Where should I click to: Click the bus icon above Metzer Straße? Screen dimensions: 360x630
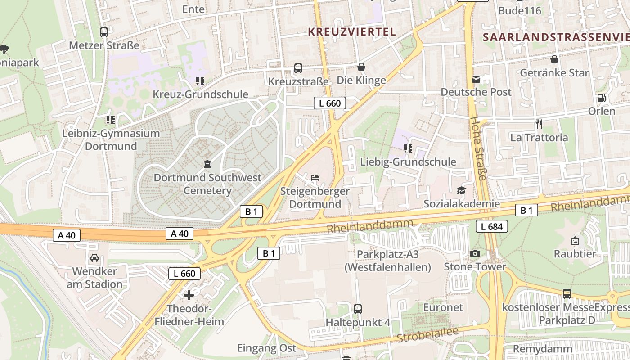coord(104,32)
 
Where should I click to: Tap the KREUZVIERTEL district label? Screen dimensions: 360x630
coord(352,31)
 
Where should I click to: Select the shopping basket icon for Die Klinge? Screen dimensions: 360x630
coord(361,67)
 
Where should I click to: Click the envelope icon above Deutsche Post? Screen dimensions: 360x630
coord(476,80)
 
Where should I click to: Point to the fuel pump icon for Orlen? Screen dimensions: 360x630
coord(601,98)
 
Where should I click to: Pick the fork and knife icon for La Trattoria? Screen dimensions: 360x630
coord(539,124)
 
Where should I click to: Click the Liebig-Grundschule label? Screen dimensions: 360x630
coord(408,162)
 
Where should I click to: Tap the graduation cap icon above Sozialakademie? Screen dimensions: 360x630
coord(461,191)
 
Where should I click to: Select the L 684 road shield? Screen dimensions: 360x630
coord(492,226)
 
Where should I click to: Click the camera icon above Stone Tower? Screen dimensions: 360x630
coord(475,254)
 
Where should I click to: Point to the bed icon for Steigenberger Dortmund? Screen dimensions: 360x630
coord(315,178)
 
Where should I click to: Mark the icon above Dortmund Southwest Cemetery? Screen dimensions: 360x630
coord(207,164)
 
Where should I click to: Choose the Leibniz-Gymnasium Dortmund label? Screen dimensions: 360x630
coord(111,140)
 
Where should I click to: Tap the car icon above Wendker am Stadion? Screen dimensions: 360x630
coord(94,258)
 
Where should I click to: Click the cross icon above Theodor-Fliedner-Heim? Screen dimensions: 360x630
coord(189,295)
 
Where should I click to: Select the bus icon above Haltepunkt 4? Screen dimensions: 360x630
coord(358,309)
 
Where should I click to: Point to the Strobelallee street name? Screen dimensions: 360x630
coord(427,336)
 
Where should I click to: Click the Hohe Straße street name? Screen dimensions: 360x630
coord(478,148)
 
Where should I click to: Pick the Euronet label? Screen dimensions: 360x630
coord(443,307)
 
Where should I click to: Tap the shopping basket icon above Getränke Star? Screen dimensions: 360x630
coord(554,59)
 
